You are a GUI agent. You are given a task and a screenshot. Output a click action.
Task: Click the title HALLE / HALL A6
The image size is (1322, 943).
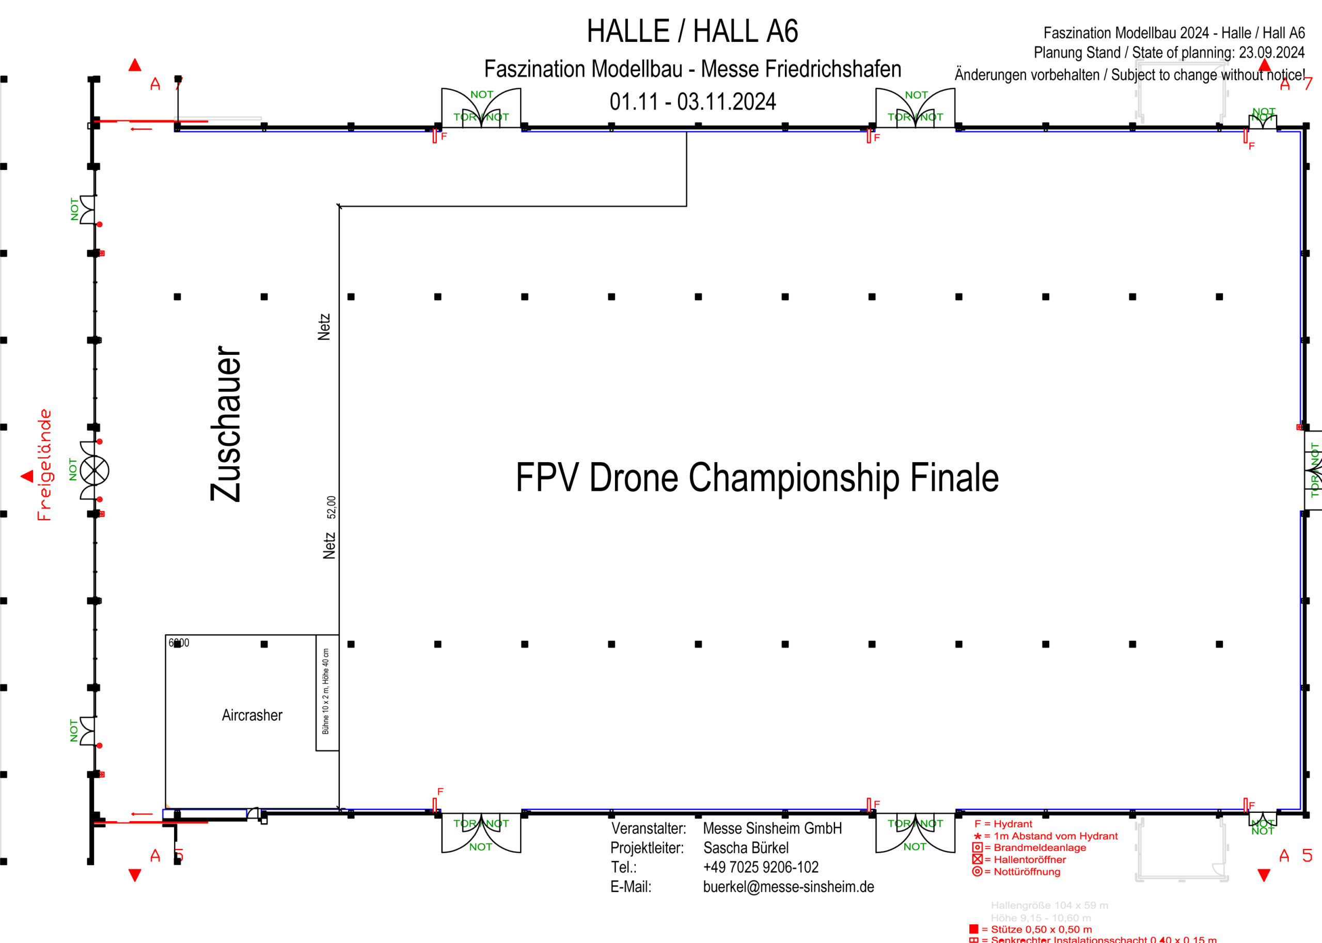pyautogui.click(x=692, y=32)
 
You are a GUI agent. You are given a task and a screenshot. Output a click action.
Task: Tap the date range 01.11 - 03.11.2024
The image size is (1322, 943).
pyautogui.click(x=692, y=102)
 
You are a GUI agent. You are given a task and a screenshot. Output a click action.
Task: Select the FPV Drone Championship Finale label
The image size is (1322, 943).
pyautogui.click(x=757, y=477)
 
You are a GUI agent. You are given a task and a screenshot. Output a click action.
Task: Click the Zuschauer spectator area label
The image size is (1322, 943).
pyautogui.click(x=226, y=424)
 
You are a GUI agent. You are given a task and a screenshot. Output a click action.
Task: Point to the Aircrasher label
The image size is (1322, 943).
pyautogui.click(x=252, y=715)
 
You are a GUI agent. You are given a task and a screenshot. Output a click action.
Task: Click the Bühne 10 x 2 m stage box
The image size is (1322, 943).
pyautogui.click(x=327, y=692)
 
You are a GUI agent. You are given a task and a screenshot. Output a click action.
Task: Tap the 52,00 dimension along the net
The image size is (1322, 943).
pyautogui.click(x=331, y=507)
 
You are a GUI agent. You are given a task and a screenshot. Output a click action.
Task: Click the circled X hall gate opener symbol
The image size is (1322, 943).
pyautogui.click(x=94, y=470)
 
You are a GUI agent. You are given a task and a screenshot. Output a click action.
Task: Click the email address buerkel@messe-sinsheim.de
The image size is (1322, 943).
pyautogui.click(x=788, y=887)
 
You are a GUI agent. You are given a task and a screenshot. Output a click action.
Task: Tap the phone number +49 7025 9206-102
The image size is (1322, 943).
pyautogui.click(x=761, y=867)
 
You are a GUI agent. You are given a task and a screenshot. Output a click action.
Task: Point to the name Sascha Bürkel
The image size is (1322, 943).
pyautogui.click(x=746, y=848)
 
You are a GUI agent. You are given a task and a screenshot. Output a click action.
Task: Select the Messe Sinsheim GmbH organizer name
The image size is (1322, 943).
pyautogui.click(x=772, y=828)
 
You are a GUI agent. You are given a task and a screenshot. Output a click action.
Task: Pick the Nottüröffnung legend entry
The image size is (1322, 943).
pyautogui.click(x=1022, y=872)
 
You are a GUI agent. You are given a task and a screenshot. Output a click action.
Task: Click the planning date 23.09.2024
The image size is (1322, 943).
pyautogui.click(x=1271, y=53)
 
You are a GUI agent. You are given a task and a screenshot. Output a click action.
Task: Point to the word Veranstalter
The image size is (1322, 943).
pyautogui.click(x=648, y=828)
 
